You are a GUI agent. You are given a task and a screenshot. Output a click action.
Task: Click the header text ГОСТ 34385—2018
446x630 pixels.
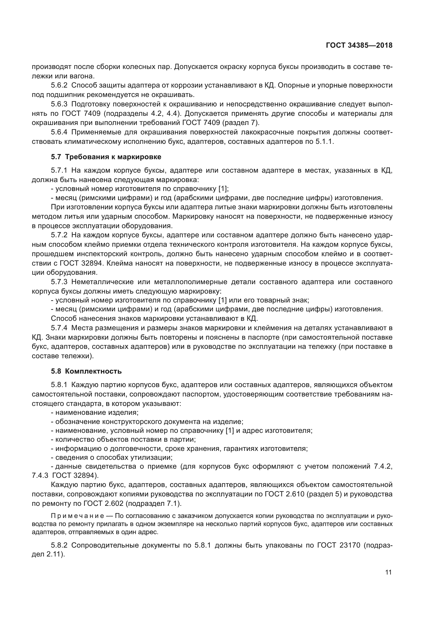[359, 45]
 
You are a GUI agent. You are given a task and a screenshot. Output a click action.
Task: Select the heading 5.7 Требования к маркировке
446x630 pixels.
[106, 157]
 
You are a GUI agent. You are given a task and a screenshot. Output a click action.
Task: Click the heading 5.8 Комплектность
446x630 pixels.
[86, 371]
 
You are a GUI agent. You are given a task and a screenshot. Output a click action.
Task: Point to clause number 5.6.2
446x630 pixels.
[59, 85]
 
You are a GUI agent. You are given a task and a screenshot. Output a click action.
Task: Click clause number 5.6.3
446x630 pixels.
[59, 104]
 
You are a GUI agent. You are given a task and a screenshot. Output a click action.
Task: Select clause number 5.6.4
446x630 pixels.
[59, 132]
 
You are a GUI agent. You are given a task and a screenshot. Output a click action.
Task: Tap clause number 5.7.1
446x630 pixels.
[59, 170]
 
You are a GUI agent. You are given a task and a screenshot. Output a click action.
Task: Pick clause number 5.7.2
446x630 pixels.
[59, 235]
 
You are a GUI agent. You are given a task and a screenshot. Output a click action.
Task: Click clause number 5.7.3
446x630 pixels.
[59, 282]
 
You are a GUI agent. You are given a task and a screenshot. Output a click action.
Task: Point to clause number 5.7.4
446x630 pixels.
[59, 328]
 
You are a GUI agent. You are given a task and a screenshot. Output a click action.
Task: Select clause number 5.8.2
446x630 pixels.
[59, 545]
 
